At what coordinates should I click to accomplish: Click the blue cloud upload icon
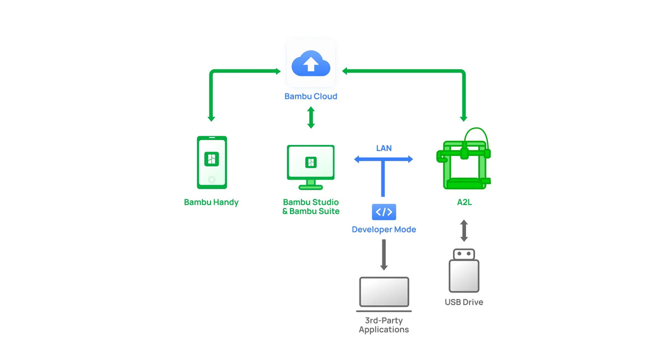pyautogui.click(x=311, y=63)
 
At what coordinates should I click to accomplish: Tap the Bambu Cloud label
pyautogui.click(x=311, y=96)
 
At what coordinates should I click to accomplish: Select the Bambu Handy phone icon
pyautogui.click(x=212, y=162)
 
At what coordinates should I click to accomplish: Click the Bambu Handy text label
pyautogui.click(x=211, y=202)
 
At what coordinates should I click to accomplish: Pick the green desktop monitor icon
pyautogui.click(x=311, y=167)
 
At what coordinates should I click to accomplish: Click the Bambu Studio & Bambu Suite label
pyautogui.click(x=311, y=207)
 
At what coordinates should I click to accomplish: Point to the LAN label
pyautogui.click(x=384, y=148)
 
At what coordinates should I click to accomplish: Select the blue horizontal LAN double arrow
pyautogui.click(x=384, y=160)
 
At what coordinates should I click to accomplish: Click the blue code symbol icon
pyautogui.click(x=384, y=212)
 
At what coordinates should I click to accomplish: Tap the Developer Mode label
pyautogui.click(x=384, y=230)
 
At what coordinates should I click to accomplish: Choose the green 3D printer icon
pyautogui.click(x=464, y=158)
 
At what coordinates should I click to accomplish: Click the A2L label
pyautogui.click(x=464, y=202)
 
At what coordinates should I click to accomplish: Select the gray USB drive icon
pyautogui.click(x=464, y=270)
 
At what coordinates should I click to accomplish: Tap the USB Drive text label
pyautogui.click(x=464, y=302)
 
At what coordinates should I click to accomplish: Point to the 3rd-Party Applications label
pyautogui.click(x=384, y=325)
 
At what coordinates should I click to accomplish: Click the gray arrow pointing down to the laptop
pyautogui.click(x=384, y=255)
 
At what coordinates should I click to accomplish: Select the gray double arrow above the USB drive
pyautogui.click(x=464, y=231)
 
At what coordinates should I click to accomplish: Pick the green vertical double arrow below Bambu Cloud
pyautogui.click(x=311, y=118)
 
